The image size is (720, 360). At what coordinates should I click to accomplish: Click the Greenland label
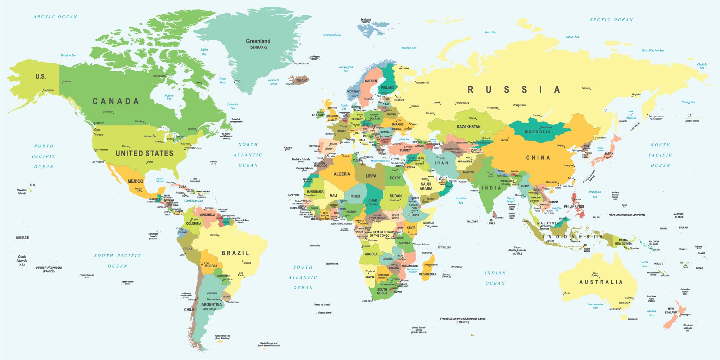pyautogui.click(x=258, y=41)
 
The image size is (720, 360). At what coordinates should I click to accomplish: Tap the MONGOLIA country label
pyautogui.click(x=538, y=132)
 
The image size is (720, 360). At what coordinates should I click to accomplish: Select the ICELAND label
pyautogui.click(x=301, y=80)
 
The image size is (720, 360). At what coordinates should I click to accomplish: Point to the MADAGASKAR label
pyautogui.click(x=427, y=274)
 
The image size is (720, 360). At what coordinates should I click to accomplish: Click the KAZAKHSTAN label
pyautogui.click(x=468, y=127)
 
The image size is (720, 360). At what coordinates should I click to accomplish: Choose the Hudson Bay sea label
pyautogui.click(x=169, y=97)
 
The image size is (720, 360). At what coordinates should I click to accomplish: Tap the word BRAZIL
pyautogui.click(x=235, y=253)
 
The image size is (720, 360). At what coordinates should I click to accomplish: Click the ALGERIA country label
pyautogui.click(x=341, y=174)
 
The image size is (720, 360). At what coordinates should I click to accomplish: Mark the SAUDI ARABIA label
pyautogui.click(x=426, y=186)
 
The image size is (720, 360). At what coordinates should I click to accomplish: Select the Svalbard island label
pyautogui.click(x=366, y=20)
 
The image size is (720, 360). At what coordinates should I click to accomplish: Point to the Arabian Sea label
pyautogui.click(x=461, y=200)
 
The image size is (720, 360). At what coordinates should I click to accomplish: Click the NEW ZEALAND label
pyautogui.click(x=671, y=310)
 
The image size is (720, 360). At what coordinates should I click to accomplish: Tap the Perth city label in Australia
pyautogui.click(x=567, y=293)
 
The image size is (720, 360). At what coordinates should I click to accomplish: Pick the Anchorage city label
pyautogui.click(x=48, y=90)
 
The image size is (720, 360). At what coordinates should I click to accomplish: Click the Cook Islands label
pyautogui.click(x=22, y=259)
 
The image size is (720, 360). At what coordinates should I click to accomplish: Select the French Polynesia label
pyautogui.click(x=49, y=268)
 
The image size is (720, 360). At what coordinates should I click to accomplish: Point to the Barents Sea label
pyautogui.click(x=409, y=48)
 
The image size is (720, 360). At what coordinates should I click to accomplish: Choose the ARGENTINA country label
pyautogui.click(x=212, y=304)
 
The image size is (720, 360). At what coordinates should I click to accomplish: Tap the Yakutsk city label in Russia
pyautogui.click(x=586, y=88)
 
